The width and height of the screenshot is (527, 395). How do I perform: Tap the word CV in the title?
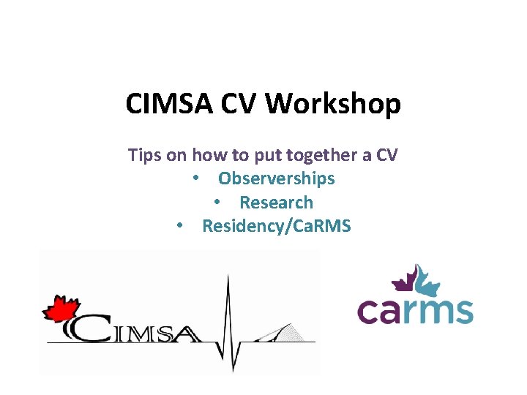tap(241, 104)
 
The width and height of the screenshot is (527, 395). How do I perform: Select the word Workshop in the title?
tap(333, 104)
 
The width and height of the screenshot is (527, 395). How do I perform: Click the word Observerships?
tap(276, 178)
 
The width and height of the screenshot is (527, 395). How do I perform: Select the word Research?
tap(276, 203)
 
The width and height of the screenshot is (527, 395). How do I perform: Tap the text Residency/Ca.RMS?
tap(276, 226)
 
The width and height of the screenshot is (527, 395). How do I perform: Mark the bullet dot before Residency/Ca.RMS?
tap(179, 227)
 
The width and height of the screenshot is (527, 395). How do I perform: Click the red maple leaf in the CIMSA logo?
tap(59, 309)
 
